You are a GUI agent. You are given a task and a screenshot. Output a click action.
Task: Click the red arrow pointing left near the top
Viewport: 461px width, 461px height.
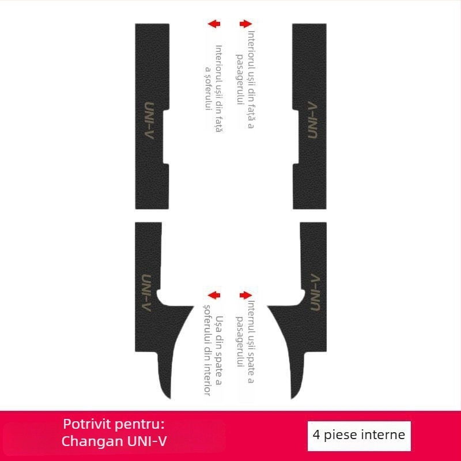[x=214, y=24]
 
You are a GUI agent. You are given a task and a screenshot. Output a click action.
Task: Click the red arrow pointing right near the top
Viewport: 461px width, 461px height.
[x=246, y=24]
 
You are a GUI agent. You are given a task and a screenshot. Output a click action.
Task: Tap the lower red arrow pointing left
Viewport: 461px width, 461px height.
[x=214, y=295]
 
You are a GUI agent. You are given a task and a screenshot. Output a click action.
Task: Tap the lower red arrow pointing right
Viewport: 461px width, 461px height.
[x=246, y=295]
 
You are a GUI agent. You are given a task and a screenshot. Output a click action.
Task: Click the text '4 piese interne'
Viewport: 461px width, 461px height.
[x=360, y=434]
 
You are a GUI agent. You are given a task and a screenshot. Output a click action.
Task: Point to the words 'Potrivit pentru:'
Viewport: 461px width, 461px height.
[x=114, y=424]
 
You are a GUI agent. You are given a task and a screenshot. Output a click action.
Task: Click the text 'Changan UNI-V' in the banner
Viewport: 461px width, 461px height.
[x=114, y=442]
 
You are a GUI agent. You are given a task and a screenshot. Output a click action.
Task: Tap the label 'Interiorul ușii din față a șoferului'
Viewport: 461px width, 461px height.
[x=213, y=89]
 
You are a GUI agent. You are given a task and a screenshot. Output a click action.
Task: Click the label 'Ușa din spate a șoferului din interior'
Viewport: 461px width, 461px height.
[x=213, y=355]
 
